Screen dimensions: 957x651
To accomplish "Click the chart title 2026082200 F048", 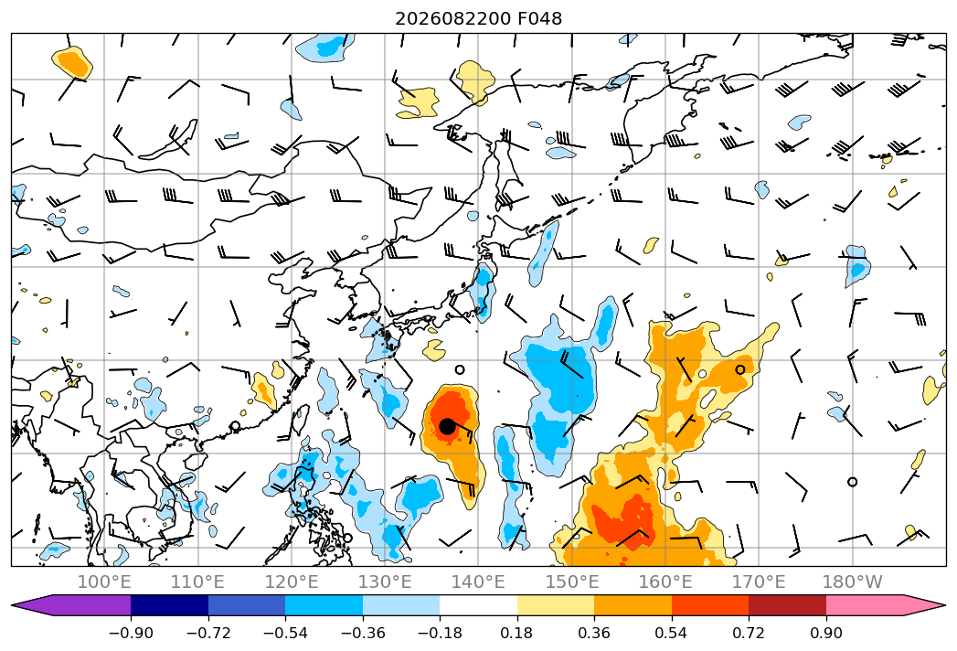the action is (479, 18).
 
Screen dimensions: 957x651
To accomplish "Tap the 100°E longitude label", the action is (104, 582).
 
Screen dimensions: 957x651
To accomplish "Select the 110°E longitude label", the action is (197, 582).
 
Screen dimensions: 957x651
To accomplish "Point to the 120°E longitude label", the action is (292, 582).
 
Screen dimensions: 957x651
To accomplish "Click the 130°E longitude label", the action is (385, 582).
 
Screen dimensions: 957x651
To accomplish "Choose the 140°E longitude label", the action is (478, 582).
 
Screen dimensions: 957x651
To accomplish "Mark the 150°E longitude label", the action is (572, 582).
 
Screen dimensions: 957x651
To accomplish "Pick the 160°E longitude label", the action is (665, 582).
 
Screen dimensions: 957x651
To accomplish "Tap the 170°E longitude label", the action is (759, 582).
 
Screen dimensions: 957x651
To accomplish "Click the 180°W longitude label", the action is (852, 582).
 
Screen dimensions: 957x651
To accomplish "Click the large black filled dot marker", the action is (447, 426).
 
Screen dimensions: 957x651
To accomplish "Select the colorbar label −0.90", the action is (131, 633).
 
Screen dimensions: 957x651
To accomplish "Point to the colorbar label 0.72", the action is (749, 633).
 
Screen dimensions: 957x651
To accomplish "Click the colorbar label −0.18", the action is (440, 633).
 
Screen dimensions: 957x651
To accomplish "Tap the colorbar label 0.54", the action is (672, 633).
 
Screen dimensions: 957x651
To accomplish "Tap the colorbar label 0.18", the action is (517, 633).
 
